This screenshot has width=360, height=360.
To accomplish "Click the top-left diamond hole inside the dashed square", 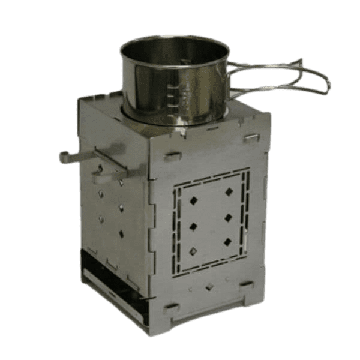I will pyautogui.click(x=193, y=200).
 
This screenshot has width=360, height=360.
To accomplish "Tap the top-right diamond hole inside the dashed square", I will pyautogui.click(x=229, y=192).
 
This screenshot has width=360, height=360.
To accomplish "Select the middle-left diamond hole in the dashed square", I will pyautogui.click(x=194, y=226).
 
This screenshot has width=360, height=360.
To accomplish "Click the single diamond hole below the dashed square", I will pyautogui.click(x=209, y=287).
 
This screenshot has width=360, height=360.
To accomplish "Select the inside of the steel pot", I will pyautogui.click(x=174, y=51).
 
